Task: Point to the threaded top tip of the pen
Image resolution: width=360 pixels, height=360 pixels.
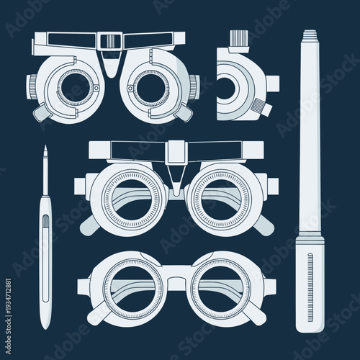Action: (310, 35)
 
